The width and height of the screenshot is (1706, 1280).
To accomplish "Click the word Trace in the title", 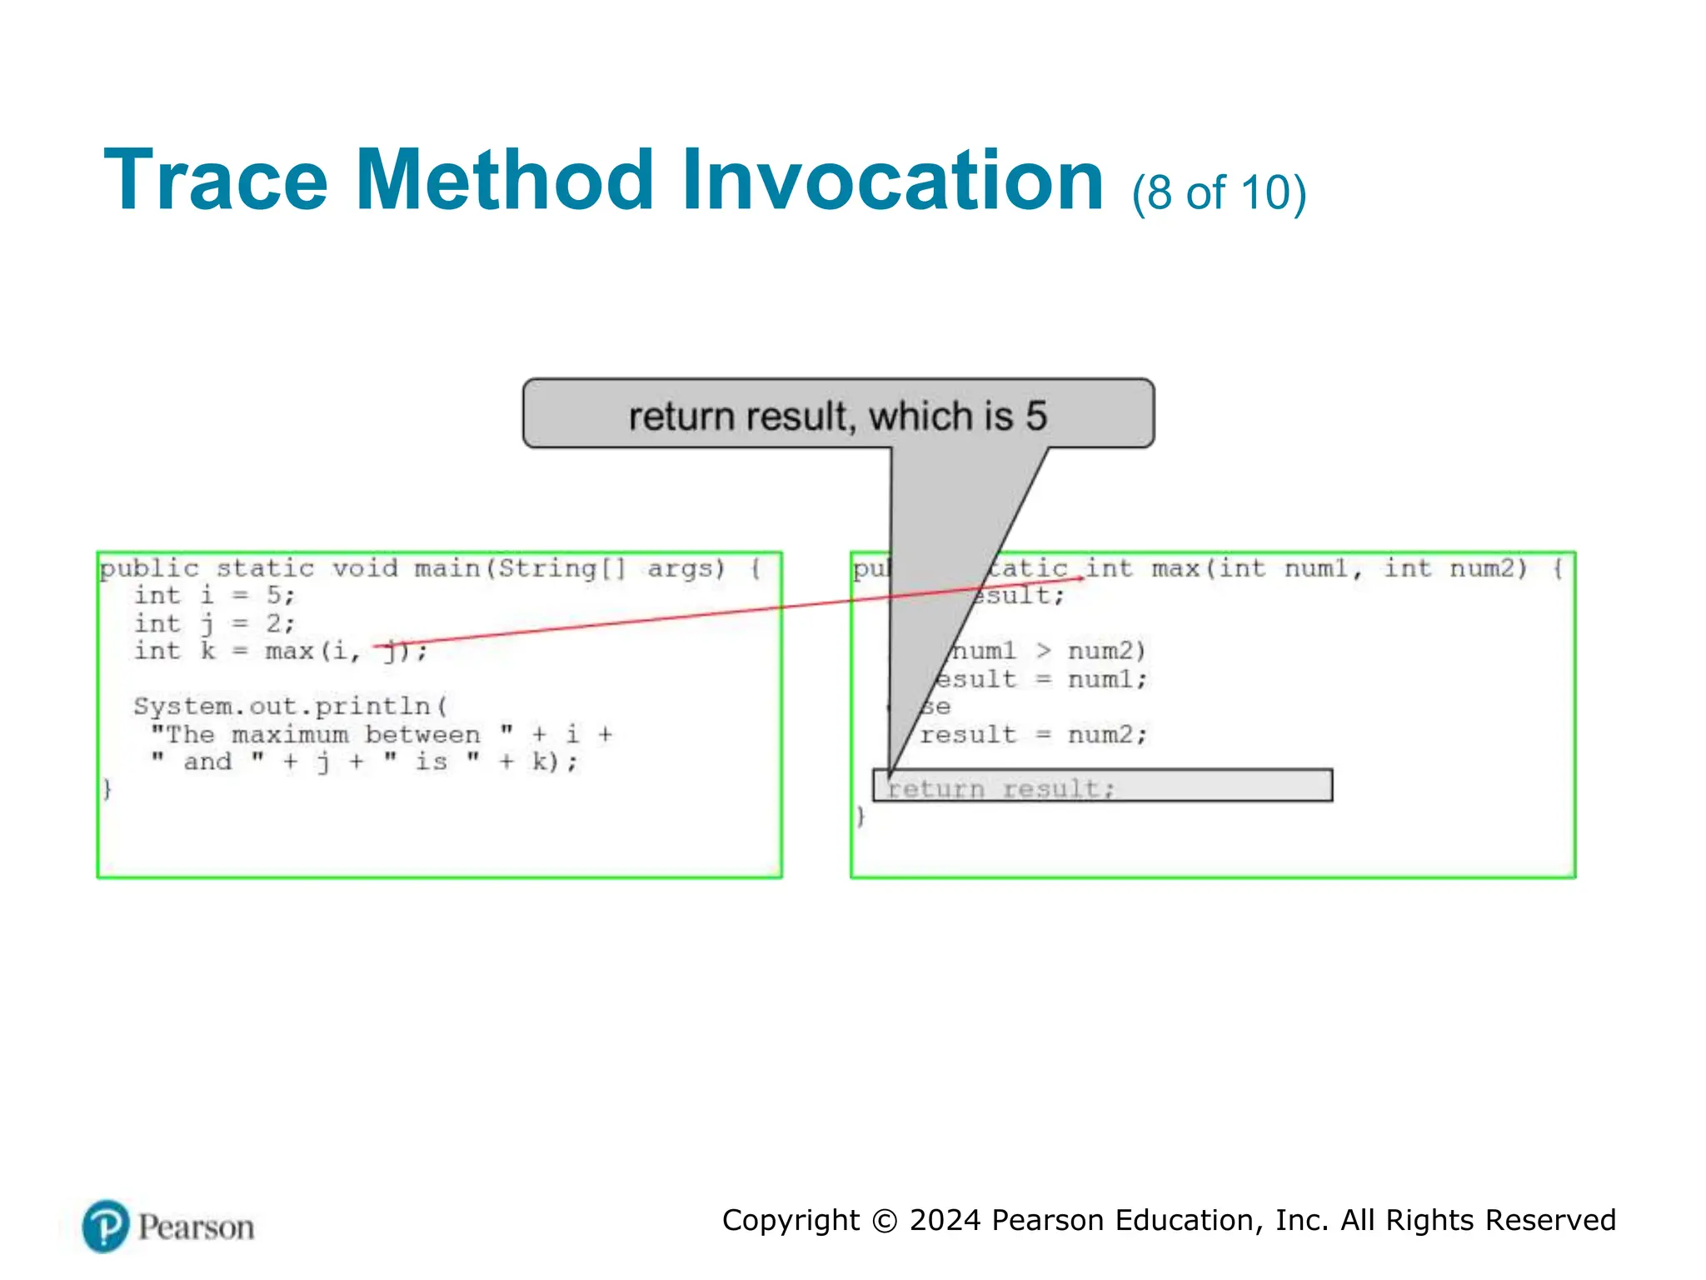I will pyautogui.click(x=216, y=181).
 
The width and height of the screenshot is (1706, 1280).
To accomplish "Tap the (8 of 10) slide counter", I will pyautogui.click(x=1219, y=192).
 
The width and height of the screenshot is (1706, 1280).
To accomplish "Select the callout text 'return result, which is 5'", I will pyautogui.click(x=837, y=416).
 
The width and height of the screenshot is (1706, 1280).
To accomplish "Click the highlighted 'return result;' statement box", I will pyautogui.click(x=1101, y=786).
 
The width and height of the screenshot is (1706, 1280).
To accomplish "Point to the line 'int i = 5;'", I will pyautogui.click(x=214, y=596).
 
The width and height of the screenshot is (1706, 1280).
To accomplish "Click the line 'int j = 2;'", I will pyautogui.click(x=214, y=623).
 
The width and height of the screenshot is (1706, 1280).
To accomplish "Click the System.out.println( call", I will pyautogui.click(x=290, y=707).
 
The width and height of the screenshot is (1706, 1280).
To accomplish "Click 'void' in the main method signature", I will pyautogui.click(x=364, y=568).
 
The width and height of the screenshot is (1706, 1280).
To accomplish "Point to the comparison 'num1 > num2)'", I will pyautogui.click(x=1049, y=651).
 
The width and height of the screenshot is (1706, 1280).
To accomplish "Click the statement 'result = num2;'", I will pyautogui.click(x=1033, y=734).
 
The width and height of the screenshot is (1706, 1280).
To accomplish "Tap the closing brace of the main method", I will pyautogui.click(x=107, y=788).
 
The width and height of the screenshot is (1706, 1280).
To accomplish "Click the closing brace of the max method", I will pyautogui.click(x=861, y=816).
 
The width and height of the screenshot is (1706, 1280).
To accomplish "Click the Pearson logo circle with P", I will pyautogui.click(x=106, y=1226).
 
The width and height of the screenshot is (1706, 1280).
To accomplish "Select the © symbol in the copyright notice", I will pyautogui.click(x=884, y=1221).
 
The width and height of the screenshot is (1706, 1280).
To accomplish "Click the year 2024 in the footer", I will pyautogui.click(x=945, y=1221).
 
